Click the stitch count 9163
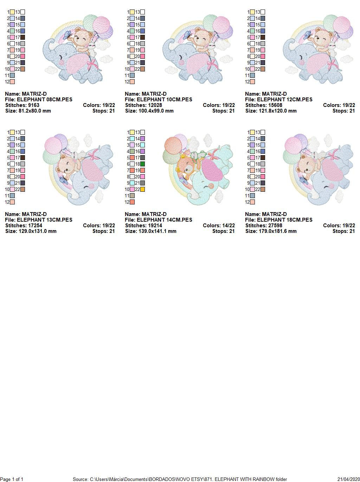pos(33,105)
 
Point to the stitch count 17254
pos(35,226)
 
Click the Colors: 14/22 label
pos(219,226)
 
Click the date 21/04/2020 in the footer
pos(348,479)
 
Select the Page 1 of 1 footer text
pos(12,479)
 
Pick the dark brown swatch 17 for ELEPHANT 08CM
pos(22,37)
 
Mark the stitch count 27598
pos(275,226)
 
